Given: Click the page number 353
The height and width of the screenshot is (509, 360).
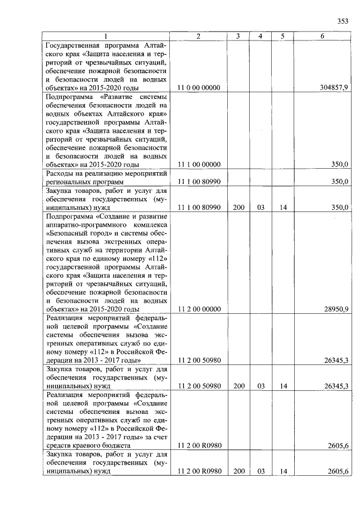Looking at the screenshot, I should (343, 21).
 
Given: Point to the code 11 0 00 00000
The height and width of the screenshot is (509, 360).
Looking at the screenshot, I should (199, 88).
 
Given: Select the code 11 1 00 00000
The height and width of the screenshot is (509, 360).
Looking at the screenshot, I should (199, 164).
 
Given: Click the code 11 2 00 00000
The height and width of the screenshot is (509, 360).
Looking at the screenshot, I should (199, 309).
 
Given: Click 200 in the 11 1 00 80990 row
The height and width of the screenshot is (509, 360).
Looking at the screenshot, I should (238, 208).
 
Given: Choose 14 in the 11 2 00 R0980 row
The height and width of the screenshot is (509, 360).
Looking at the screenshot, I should (283, 471).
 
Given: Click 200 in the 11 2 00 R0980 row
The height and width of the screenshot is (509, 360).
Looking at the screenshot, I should (238, 471).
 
